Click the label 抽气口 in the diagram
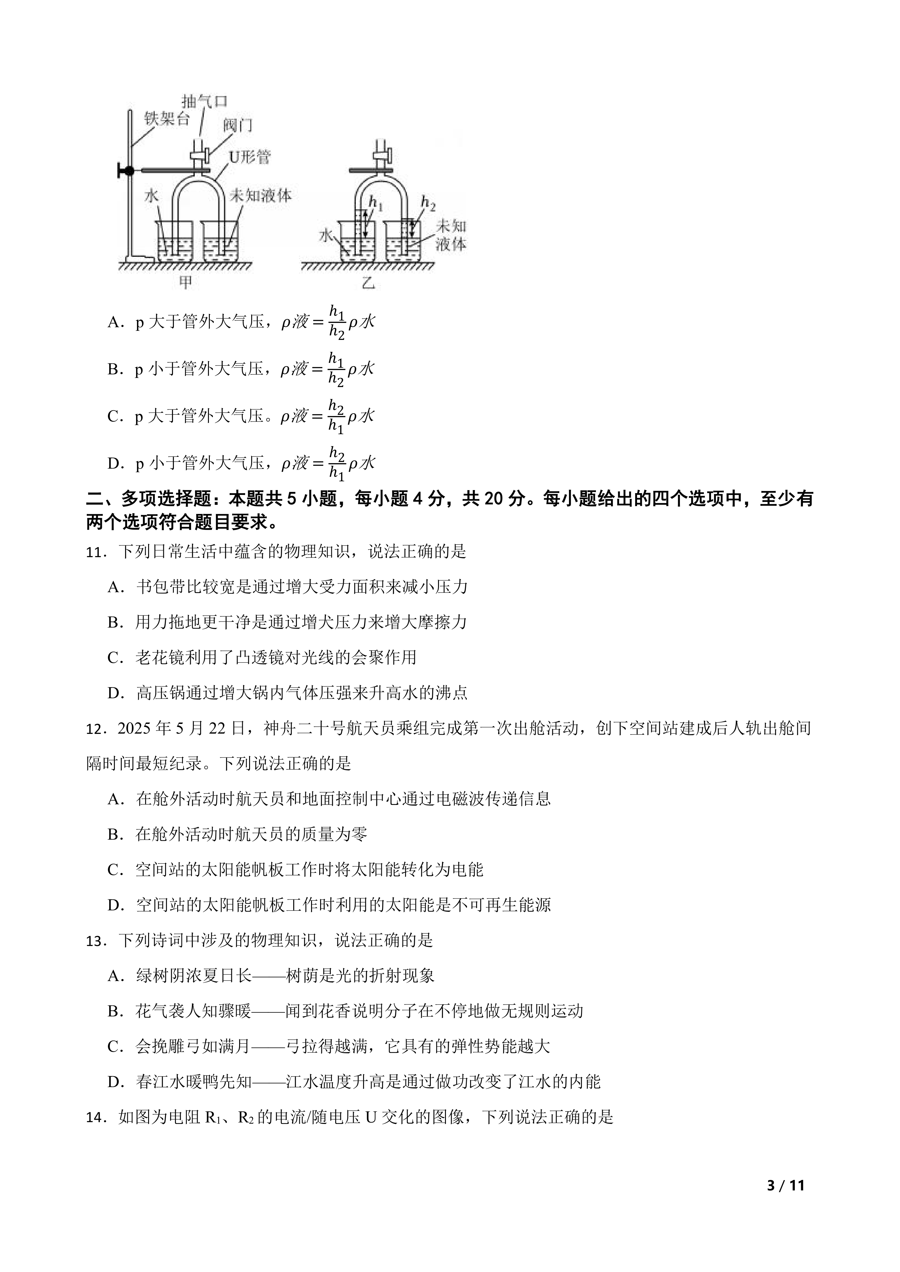(x=204, y=102)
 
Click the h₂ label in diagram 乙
(x=428, y=203)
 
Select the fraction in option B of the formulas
(x=336, y=370)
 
